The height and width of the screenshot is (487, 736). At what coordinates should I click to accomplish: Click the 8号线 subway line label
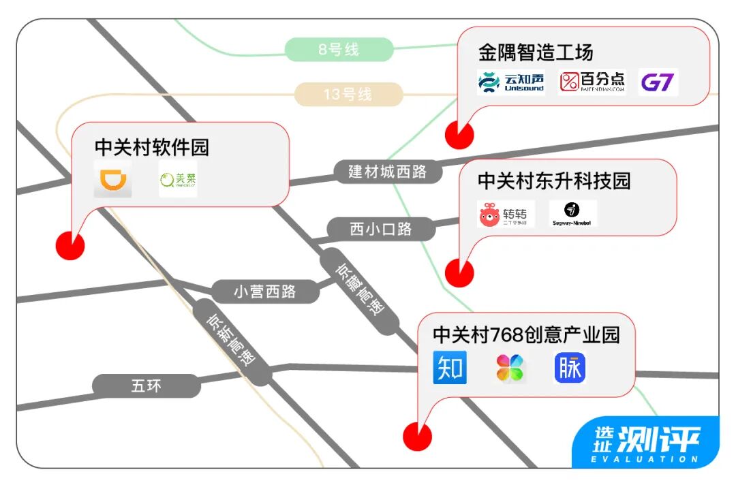(x=339, y=50)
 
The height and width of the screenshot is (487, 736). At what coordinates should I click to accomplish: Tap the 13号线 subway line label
(x=348, y=94)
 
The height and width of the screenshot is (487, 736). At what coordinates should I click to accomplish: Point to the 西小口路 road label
(x=381, y=229)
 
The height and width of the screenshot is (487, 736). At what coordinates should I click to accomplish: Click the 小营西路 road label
(x=264, y=292)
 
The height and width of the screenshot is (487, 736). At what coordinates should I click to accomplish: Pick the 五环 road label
(x=147, y=386)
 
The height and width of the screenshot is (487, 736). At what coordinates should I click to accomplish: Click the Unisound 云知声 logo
(x=511, y=82)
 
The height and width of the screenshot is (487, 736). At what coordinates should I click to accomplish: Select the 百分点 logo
(x=592, y=82)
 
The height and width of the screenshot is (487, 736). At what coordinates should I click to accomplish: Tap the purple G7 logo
(x=658, y=82)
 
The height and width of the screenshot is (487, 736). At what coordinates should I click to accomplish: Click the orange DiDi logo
(x=113, y=180)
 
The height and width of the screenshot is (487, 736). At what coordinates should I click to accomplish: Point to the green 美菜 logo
(x=177, y=180)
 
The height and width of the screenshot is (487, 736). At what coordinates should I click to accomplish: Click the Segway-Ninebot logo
(x=573, y=214)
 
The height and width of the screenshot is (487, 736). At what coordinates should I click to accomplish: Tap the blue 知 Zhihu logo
(x=450, y=368)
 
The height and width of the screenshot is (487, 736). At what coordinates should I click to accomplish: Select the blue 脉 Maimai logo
(x=570, y=368)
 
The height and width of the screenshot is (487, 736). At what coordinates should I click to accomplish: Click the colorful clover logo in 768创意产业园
(x=510, y=368)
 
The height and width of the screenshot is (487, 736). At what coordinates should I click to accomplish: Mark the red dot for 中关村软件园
(x=70, y=245)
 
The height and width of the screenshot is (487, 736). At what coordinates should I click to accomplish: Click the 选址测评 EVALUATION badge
(x=645, y=443)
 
